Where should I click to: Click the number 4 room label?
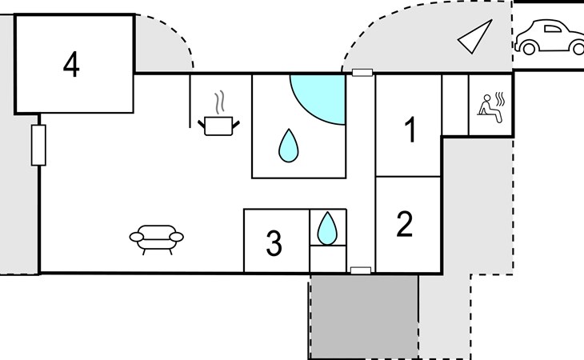coord(71,65)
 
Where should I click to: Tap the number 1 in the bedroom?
coord(410,130)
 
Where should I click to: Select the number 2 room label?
coord(405,224)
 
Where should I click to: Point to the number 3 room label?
coord(274,242)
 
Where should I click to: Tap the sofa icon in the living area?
coord(157,239)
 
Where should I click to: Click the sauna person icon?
coord(491,107)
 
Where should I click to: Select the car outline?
coord(550,38)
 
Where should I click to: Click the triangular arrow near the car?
coord(475,37)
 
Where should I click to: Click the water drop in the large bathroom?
coord(289,146)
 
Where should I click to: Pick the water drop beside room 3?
coord(327,228)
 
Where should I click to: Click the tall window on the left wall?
coord(38,145)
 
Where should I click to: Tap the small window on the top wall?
coord(362,73)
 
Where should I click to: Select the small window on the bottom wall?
coord(361,270)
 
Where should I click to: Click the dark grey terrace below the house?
coord(364,317)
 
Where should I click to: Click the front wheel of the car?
coord(529,48)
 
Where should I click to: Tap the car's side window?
coord(552,29)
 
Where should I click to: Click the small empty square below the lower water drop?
coord(328,258)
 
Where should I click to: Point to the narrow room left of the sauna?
coord(454,105)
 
